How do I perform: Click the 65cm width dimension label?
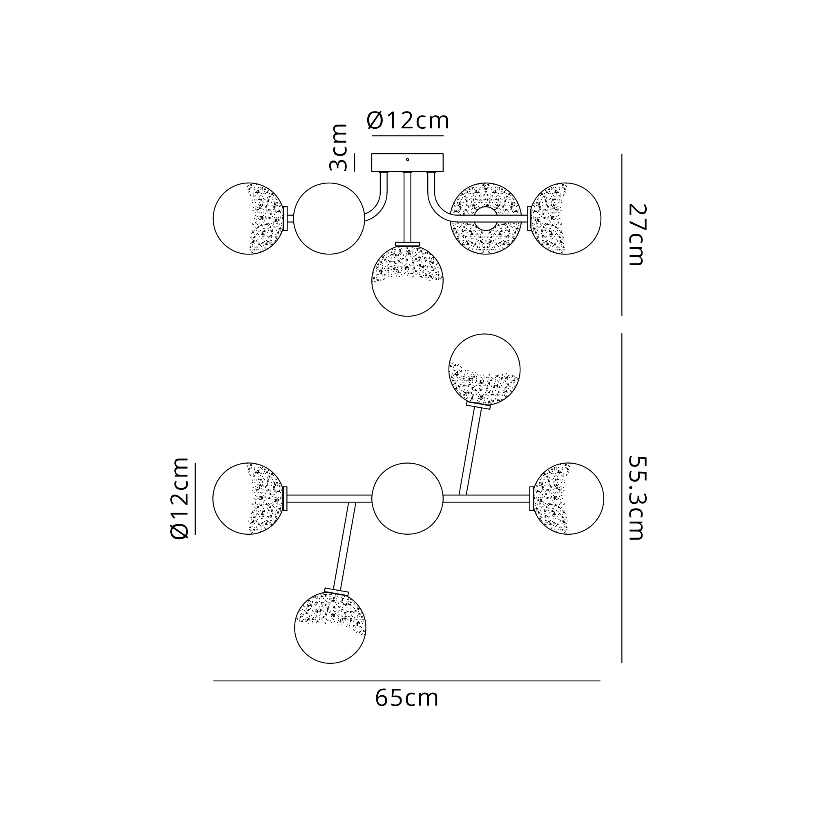coord(407,699)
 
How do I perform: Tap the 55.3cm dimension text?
coord(636,498)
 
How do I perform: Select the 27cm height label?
coord(636,235)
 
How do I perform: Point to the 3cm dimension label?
coord(338,147)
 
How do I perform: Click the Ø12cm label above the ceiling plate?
coord(408,121)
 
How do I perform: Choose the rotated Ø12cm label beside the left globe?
coord(179,498)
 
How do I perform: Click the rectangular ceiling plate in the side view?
coord(407,163)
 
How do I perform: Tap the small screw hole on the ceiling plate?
coord(407,160)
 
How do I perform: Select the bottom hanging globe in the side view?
coord(407,281)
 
